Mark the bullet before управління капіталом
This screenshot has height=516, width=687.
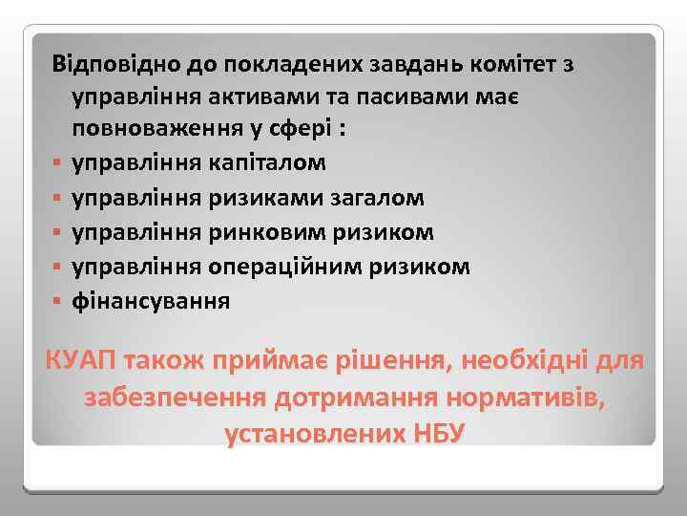57,163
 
